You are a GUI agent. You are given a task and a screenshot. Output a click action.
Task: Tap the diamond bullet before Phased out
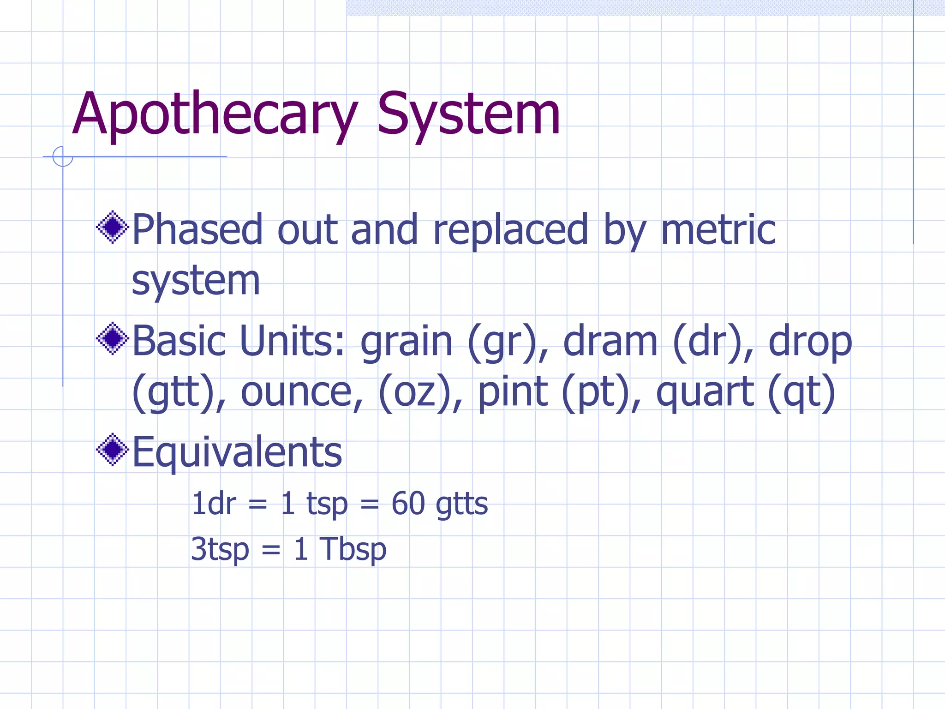[x=112, y=227]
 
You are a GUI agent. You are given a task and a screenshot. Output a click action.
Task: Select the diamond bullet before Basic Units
[x=112, y=338]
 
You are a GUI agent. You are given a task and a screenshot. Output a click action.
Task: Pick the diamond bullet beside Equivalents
[x=112, y=450]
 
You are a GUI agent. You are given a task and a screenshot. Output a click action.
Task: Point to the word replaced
[x=510, y=231]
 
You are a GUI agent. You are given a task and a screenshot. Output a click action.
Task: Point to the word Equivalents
[x=237, y=452]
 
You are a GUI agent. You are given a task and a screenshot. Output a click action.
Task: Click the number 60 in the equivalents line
[x=408, y=504]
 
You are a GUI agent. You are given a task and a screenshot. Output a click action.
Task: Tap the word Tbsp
[x=353, y=550]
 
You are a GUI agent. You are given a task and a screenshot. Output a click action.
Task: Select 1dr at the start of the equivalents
[x=214, y=504]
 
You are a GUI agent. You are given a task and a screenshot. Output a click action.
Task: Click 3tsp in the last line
[x=220, y=550]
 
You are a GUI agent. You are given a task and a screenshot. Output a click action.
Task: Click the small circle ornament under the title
[x=63, y=156]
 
